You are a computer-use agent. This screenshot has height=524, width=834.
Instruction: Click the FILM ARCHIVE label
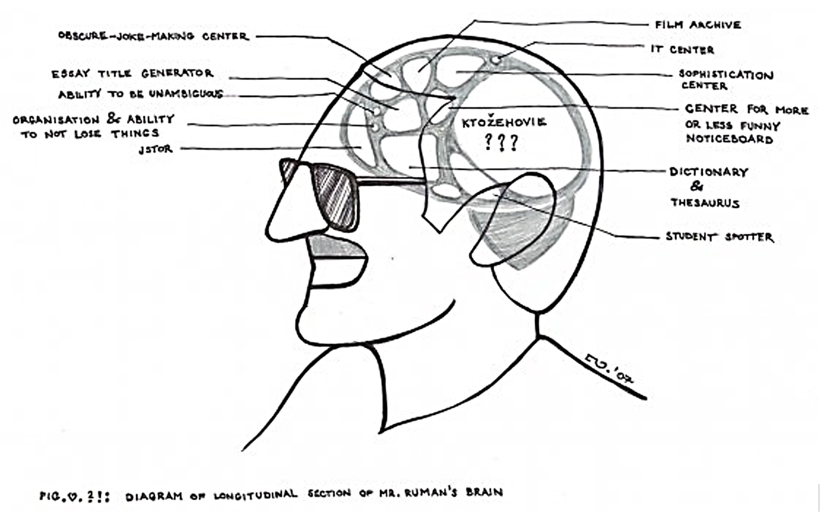(x=698, y=25)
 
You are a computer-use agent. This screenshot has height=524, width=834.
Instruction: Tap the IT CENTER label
(x=682, y=50)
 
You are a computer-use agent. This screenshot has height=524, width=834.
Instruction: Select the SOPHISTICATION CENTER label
(x=726, y=80)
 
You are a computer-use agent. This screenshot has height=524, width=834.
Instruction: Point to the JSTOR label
(x=156, y=149)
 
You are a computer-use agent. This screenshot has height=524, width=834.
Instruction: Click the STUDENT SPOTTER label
(x=719, y=237)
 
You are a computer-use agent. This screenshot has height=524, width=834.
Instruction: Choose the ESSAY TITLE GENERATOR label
(x=133, y=73)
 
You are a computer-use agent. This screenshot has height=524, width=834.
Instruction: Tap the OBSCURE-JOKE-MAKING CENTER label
(x=153, y=36)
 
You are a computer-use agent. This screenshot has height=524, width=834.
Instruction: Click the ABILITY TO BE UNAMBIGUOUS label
(x=141, y=94)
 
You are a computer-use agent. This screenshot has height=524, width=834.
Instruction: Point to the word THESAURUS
(x=705, y=203)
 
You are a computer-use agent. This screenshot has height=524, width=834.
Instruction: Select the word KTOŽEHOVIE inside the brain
(x=504, y=122)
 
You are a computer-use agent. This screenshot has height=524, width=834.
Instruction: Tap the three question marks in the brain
(x=501, y=142)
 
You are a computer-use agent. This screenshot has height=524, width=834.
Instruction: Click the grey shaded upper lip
(x=335, y=246)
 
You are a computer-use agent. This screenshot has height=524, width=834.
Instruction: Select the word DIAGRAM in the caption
(x=154, y=496)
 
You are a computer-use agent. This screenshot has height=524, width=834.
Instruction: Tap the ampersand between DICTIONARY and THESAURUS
(x=696, y=186)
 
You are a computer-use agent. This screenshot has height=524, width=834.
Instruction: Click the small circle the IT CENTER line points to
(x=495, y=59)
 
